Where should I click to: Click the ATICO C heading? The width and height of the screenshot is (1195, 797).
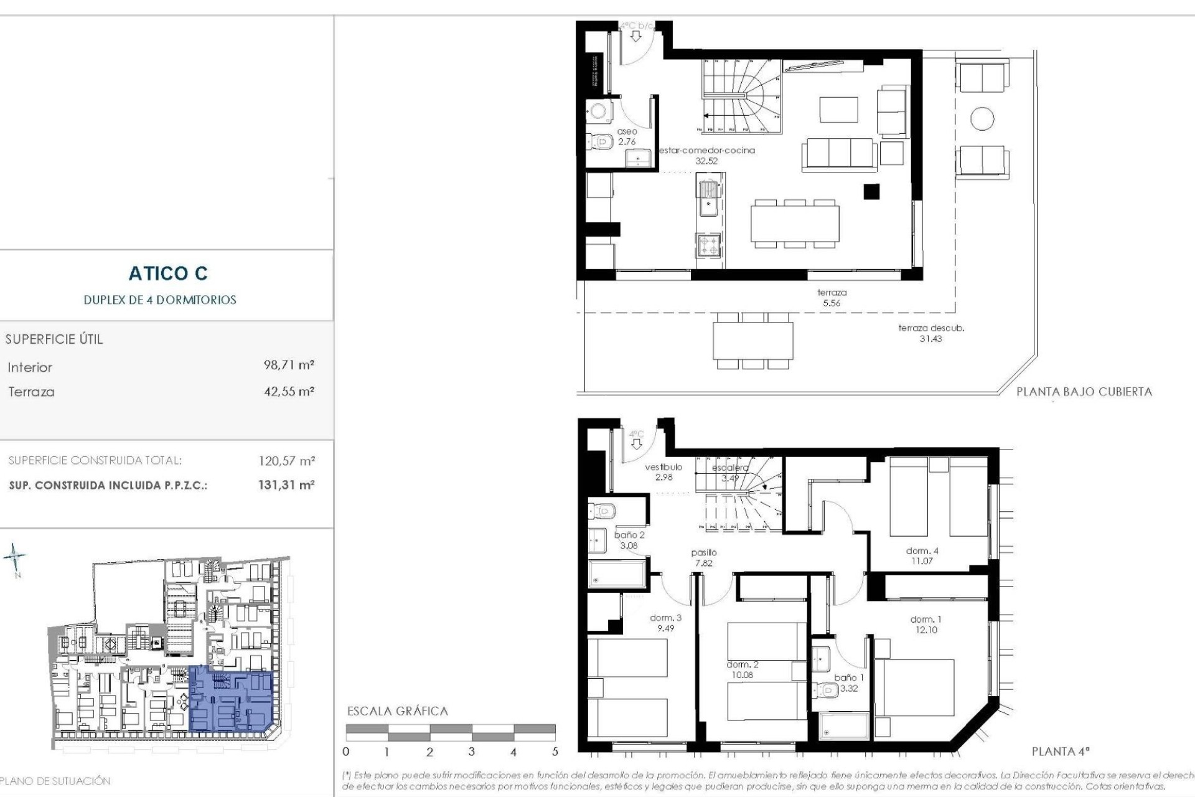coord(168,273)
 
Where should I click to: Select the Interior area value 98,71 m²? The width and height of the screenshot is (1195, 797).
coord(289,365)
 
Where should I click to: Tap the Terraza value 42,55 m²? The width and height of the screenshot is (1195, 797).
coord(289,392)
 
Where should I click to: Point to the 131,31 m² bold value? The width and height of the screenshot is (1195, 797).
coord(286,485)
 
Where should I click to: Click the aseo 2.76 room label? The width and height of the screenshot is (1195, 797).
coord(627,137)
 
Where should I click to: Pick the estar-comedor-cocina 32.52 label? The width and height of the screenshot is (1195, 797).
coord(706,156)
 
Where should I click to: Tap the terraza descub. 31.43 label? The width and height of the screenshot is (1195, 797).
coord(930,333)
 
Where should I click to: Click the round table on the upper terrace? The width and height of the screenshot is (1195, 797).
coord(982,118)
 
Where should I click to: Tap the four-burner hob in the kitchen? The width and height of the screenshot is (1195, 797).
coord(708,245)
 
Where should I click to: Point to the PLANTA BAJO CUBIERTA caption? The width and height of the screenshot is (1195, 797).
coord(1084,392)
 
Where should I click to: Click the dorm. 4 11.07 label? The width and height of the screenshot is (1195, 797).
coord(922,555)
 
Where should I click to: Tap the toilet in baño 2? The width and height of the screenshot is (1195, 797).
coord(602,511)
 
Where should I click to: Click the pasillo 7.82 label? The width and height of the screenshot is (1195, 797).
coord(704,557)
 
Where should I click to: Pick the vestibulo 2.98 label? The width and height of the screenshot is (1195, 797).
coord(663,472)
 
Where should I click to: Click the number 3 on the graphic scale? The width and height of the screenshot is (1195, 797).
coord(471,752)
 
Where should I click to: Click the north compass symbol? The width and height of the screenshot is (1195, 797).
coord(15,556)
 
